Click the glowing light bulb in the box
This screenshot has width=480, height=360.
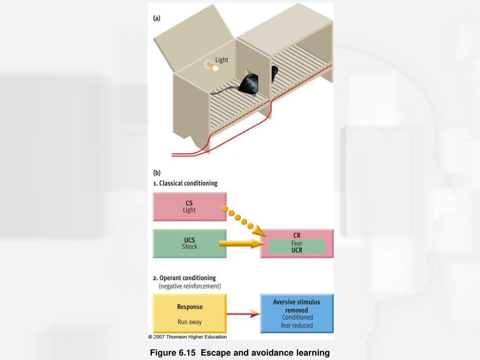214,68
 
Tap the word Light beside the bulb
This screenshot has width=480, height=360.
222,60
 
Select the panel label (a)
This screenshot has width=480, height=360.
157,18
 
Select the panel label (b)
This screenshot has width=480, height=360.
157,172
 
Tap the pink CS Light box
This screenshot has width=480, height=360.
189,207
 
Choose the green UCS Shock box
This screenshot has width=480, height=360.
189,243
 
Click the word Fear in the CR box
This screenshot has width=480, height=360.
297,243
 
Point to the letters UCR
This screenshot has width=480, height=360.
297,250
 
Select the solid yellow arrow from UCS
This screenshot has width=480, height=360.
239,244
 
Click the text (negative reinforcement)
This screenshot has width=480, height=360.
190,286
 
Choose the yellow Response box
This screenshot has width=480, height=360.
189,314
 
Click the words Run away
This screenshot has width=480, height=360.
189,322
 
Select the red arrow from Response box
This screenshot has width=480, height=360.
243,314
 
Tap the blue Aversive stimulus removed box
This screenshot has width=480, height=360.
297,313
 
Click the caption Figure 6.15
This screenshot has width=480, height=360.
173,352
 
